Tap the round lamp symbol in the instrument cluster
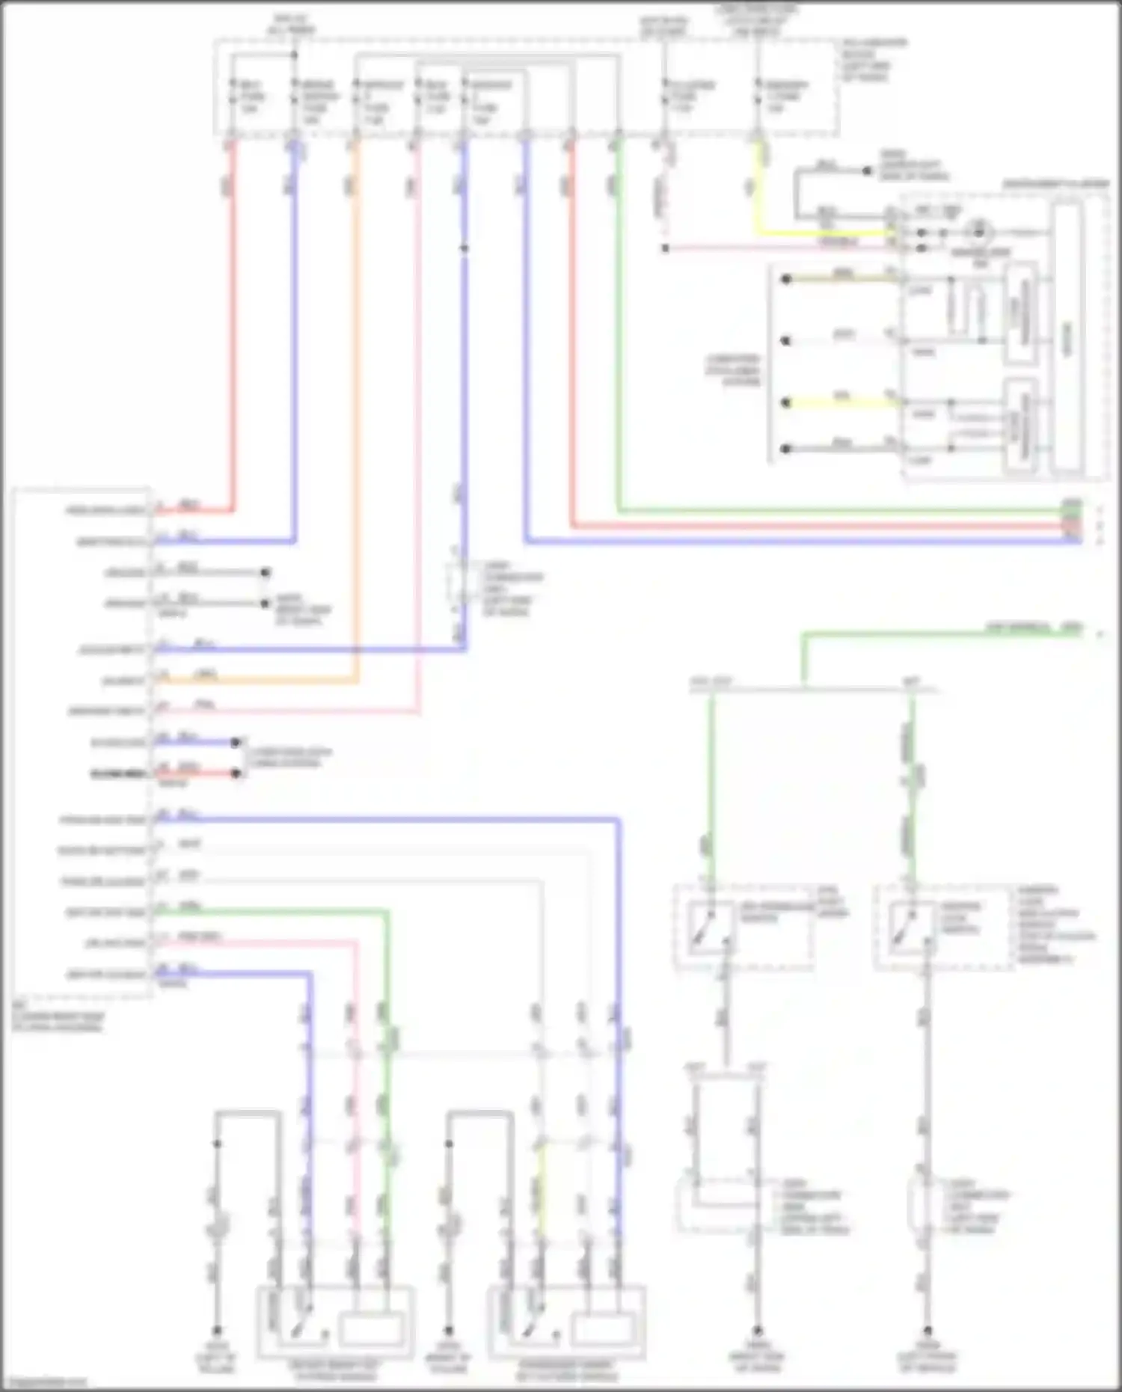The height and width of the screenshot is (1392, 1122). coord(978,233)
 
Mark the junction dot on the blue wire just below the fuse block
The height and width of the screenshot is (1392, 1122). coord(465,248)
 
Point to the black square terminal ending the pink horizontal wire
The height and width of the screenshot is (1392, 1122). coord(665,248)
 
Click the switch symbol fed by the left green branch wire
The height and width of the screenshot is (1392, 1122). coord(705,928)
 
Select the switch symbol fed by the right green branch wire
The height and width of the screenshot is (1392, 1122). coord(907,928)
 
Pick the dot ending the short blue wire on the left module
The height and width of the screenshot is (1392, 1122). coord(236,742)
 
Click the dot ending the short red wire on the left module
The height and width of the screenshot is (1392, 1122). coord(236,773)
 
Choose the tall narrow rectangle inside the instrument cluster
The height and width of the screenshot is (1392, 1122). coord(1067,340)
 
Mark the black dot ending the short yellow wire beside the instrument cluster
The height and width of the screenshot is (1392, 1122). coord(786,403)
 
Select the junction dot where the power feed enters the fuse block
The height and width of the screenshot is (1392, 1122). coord(294,55)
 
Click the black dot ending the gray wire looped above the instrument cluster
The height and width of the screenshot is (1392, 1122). coord(868,171)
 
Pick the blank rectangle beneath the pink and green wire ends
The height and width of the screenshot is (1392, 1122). coord(372,1327)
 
